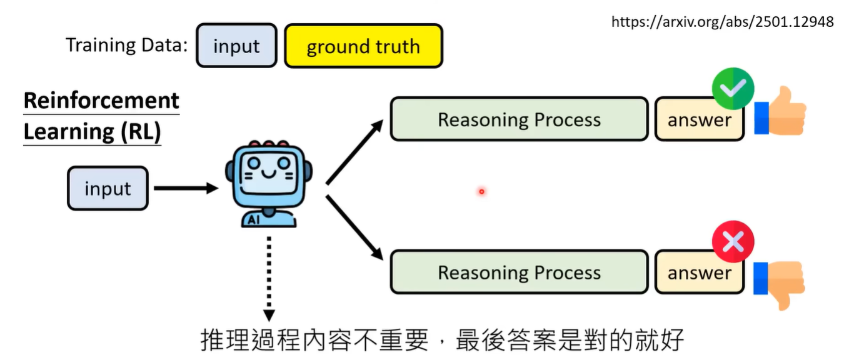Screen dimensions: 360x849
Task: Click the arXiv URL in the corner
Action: click(x=722, y=22)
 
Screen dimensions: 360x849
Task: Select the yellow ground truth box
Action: click(x=363, y=46)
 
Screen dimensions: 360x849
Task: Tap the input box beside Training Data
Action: click(x=236, y=46)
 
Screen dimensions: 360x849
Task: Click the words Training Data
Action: click(x=126, y=45)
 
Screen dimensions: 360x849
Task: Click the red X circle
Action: click(x=733, y=241)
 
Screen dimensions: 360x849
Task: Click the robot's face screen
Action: click(x=268, y=174)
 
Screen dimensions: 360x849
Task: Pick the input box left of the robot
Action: click(x=108, y=188)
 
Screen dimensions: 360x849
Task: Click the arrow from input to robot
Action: click(x=185, y=187)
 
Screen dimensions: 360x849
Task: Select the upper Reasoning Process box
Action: click(x=519, y=119)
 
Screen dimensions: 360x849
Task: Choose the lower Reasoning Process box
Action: click(x=519, y=272)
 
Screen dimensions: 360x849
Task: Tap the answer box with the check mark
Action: click(x=699, y=120)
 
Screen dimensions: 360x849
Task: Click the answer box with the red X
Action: click(x=699, y=273)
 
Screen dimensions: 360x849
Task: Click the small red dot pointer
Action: click(x=481, y=191)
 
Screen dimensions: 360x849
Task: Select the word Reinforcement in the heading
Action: click(x=101, y=101)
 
